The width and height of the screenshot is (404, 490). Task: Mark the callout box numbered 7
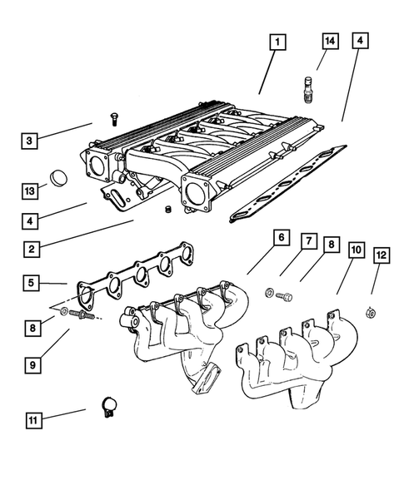307,242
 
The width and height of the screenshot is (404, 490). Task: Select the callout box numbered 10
356,250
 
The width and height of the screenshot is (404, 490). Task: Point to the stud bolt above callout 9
82,315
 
